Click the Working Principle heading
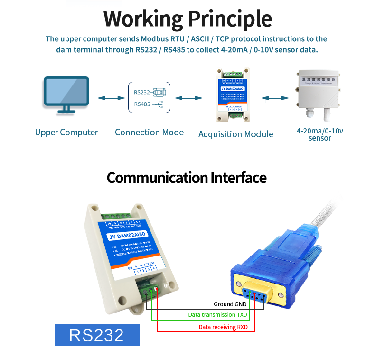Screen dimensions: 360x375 (x=187, y=19)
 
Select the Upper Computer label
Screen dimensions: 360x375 (x=66, y=133)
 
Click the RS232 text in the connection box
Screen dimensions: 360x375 (x=142, y=93)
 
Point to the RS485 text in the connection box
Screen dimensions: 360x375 (x=142, y=104)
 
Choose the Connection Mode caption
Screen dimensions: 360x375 (x=149, y=133)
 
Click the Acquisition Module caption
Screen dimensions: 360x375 (x=235, y=134)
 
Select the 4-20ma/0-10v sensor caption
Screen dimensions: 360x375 (x=319, y=134)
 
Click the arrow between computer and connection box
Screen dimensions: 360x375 (x=108, y=98)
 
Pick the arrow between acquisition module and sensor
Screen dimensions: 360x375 (x=275, y=98)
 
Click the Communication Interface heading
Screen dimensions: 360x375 (x=187, y=178)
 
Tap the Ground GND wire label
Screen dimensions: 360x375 (x=230, y=304)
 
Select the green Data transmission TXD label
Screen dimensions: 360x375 (x=218, y=315)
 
